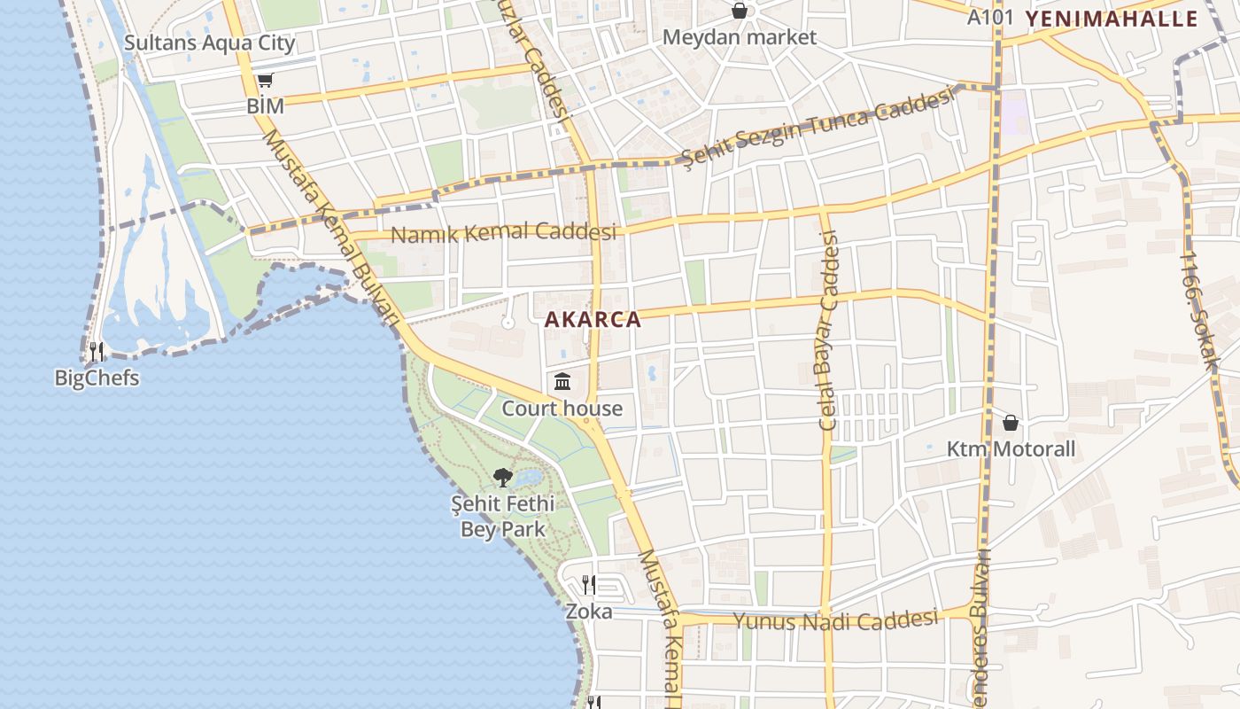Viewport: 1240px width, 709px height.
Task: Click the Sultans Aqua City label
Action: click(209, 43)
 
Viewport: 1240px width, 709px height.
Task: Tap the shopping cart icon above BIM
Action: click(265, 81)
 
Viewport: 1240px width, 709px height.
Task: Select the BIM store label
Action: click(266, 106)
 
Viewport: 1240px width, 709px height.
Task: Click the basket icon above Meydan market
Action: click(740, 12)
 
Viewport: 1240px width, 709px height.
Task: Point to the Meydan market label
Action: click(740, 37)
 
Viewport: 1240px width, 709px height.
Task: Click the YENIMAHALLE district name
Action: click(1112, 19)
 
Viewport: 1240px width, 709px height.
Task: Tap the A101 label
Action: click(990, 18)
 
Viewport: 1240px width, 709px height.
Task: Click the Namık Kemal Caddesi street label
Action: click(503, 234)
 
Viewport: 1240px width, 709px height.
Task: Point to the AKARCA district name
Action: click(593, 320)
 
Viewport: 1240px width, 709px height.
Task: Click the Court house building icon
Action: click(562, 382)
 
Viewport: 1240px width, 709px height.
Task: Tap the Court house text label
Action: click(562, 409)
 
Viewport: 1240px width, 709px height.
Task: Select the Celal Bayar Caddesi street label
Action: click(828, 330)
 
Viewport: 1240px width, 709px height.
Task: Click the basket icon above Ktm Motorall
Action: click(1011, 423)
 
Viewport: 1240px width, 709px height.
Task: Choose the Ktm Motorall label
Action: click(1011, 449)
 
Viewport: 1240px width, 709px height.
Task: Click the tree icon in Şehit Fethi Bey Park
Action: click(503, 478)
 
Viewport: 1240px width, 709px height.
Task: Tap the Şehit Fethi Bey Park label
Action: click(503, 517)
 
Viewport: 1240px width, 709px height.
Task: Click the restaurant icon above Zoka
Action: click(589, 585)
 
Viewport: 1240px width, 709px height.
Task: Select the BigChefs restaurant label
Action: click(97, 378)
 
